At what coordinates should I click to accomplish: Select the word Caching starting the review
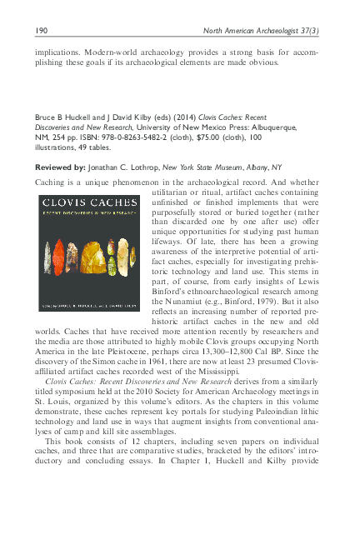52,182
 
